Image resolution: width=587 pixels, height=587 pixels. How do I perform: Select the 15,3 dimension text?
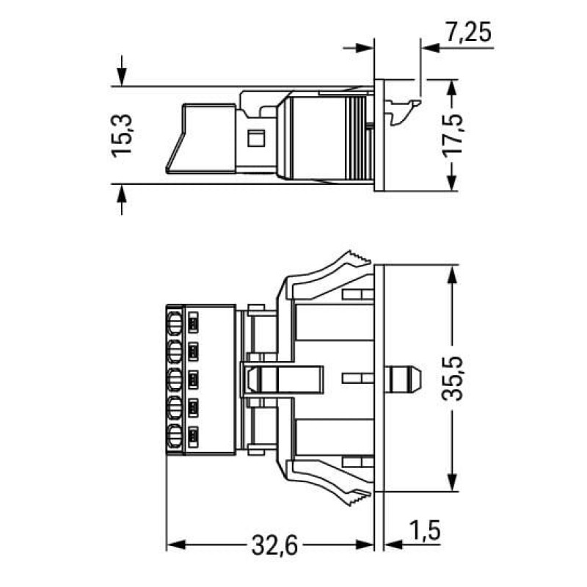click(122, 134)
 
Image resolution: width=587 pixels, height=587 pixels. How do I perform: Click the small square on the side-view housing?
click(256, 137)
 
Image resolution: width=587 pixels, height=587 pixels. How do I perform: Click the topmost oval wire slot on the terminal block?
click(175, 321)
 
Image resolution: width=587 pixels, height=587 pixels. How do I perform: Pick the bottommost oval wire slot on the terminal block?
click(175, 437)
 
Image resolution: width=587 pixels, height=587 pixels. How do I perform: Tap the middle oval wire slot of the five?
click(175, 379)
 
